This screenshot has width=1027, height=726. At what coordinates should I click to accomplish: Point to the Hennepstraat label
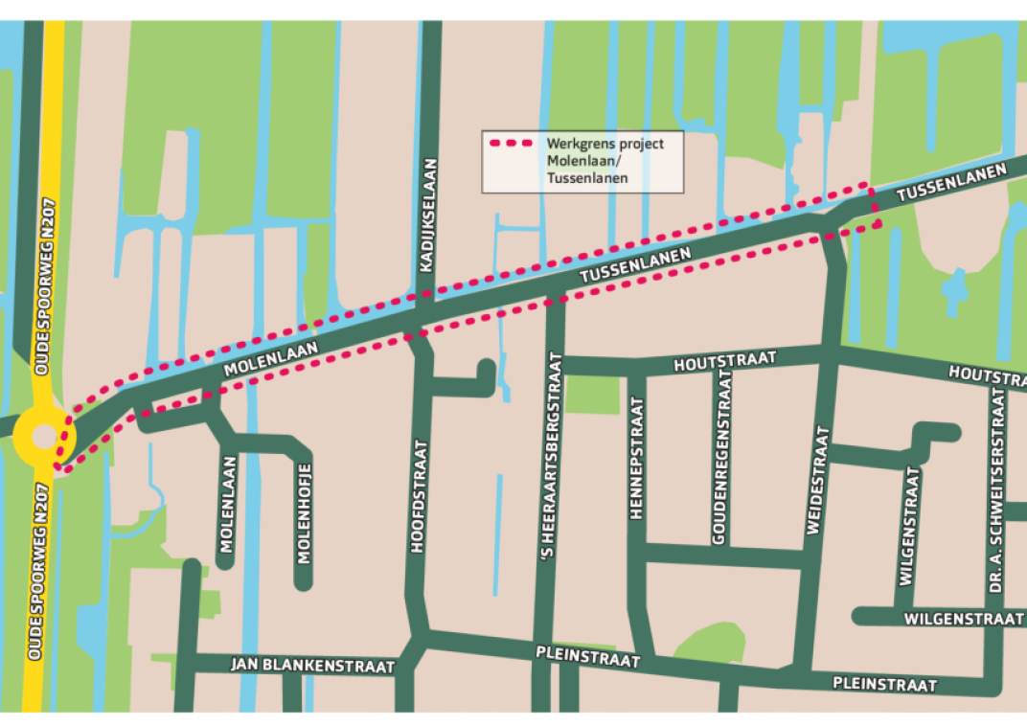tap(637, 459)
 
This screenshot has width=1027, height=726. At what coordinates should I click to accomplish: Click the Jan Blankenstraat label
tap(312, 665)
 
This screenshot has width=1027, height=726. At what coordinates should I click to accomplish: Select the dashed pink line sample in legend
tap(511, 144)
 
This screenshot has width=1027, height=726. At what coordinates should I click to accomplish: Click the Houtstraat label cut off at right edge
tap(986, 373)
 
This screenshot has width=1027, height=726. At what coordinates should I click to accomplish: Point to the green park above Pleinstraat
tap(711, 640)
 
